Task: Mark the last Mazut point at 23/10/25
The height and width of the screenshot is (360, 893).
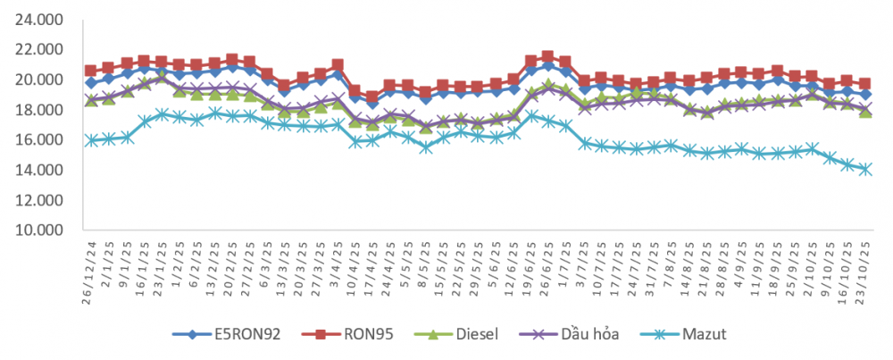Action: point(865,169)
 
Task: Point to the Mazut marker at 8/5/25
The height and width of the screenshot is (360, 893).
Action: point(425,147)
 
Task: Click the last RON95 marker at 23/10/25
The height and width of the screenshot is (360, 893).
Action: point(865,83)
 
